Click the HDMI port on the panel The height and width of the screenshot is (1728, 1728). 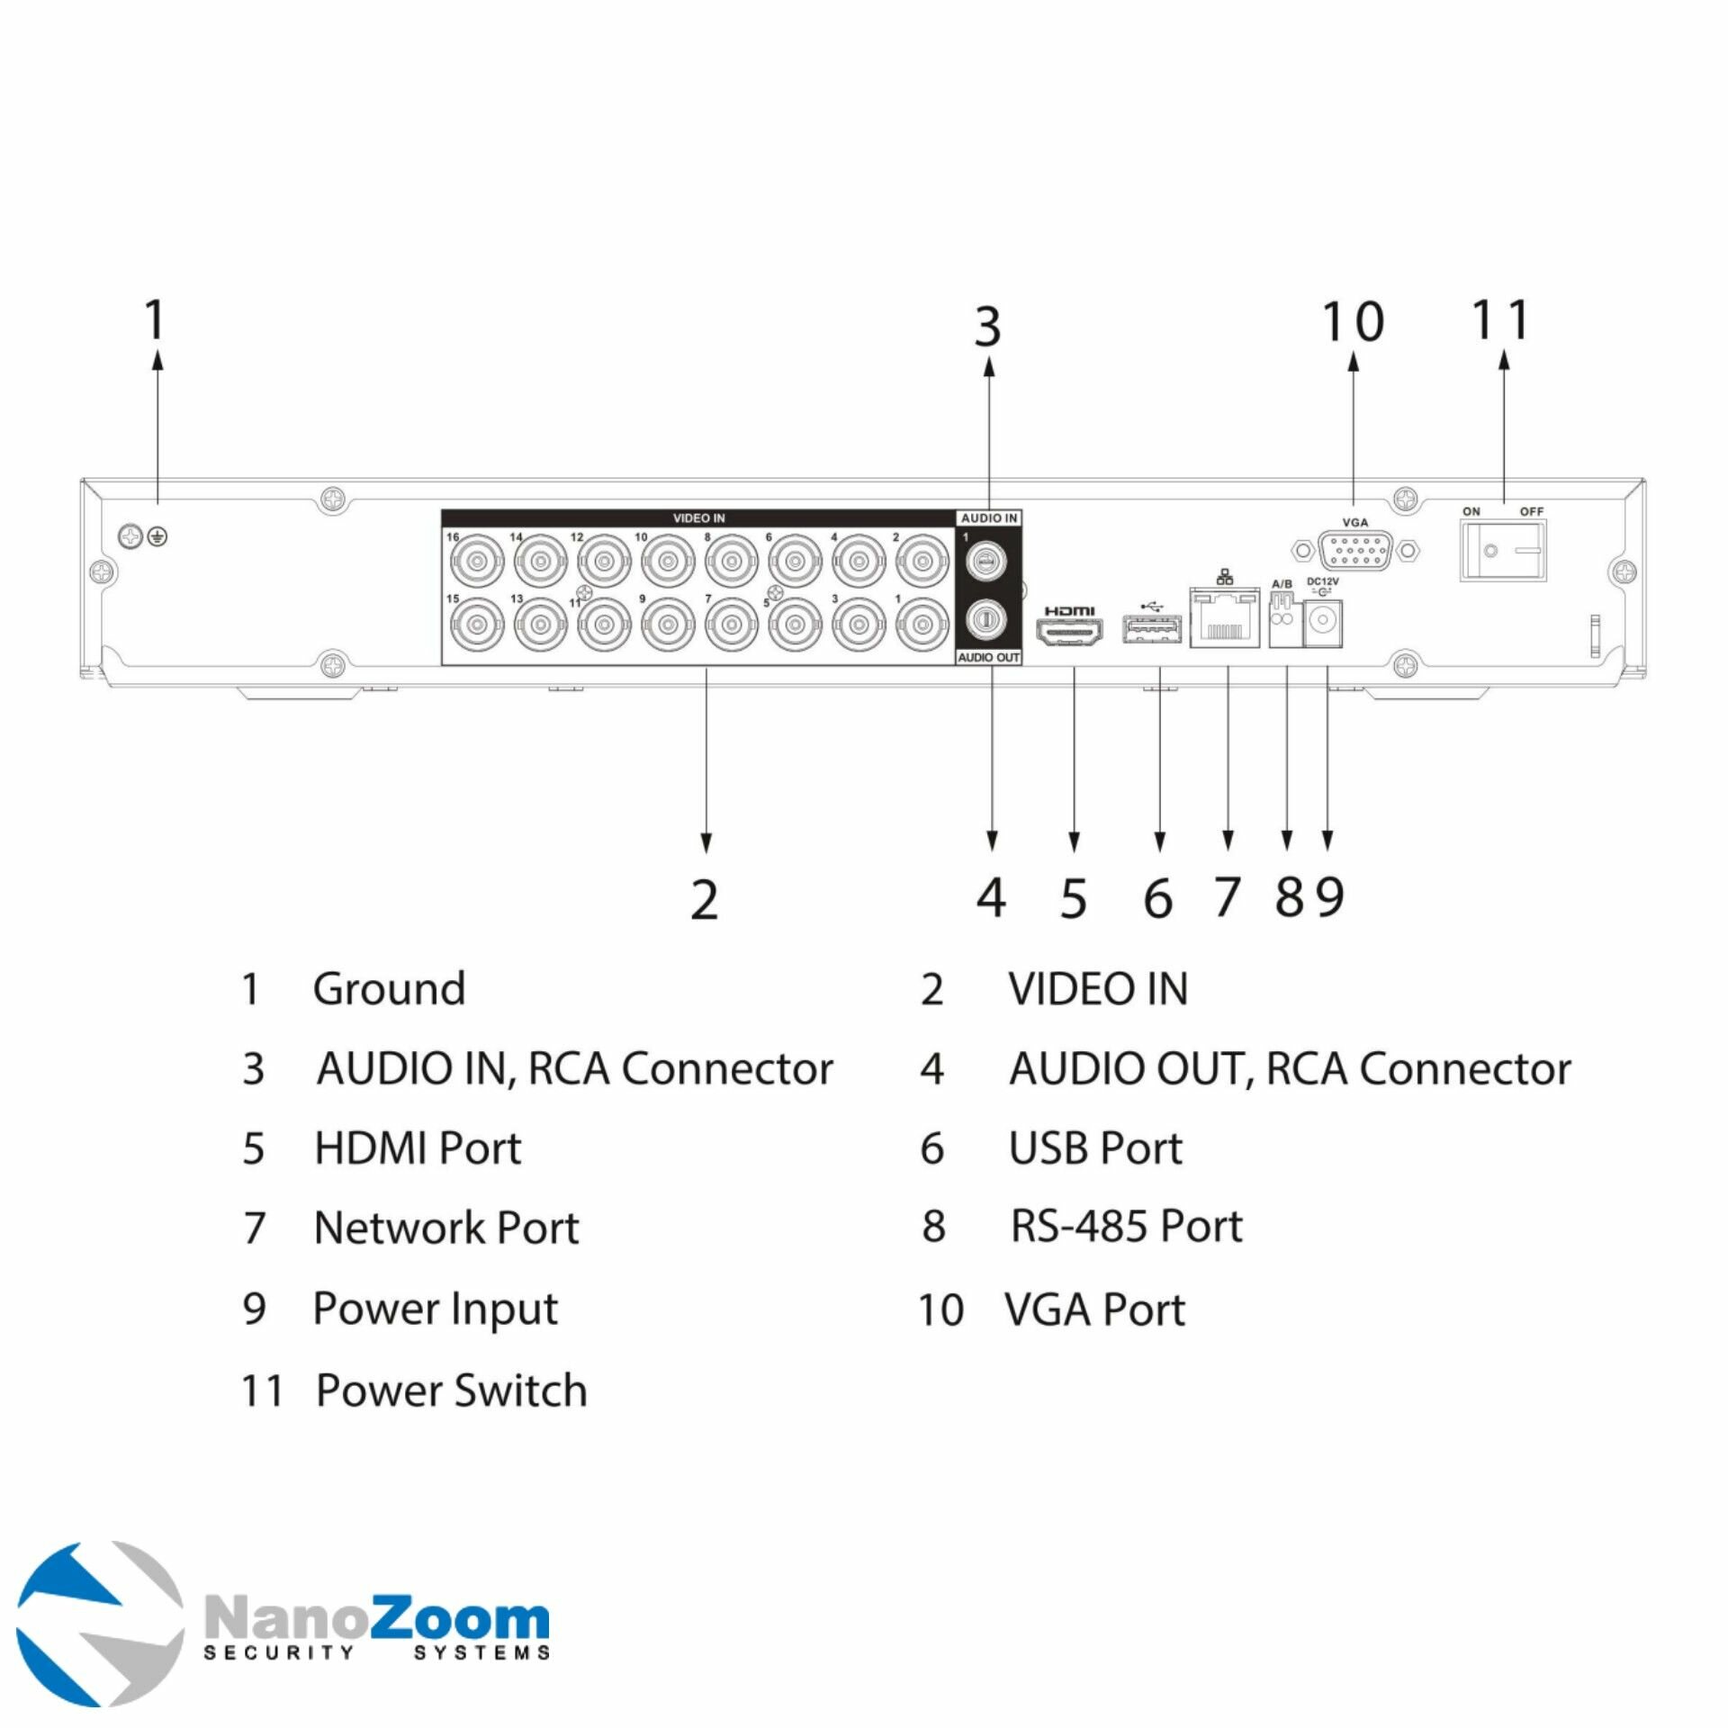click(x=1071, y=634)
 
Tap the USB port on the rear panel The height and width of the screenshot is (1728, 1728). click(x=1151, y=629)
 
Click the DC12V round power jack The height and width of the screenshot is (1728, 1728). click(x=1323, y=623)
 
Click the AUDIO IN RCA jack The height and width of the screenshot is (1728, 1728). click(x=987, y=562)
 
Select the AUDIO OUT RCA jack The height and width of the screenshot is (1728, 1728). click(x=987, y=620)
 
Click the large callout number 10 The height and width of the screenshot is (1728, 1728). click(x=1353, y=322)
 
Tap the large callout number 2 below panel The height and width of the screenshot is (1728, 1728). click(x=705, y=899)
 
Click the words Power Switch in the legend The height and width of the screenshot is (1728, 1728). click(x=451, y=1390)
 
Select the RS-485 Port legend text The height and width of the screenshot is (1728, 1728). click(x=1126, y=1226)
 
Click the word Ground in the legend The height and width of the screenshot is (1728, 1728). click(x=389, y=989)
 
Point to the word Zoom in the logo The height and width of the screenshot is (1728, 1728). click(x=459, y=1620)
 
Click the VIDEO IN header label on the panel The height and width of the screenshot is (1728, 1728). click(x=698, y=518)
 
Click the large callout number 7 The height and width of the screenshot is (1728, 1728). click(x=1227, y=897)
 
